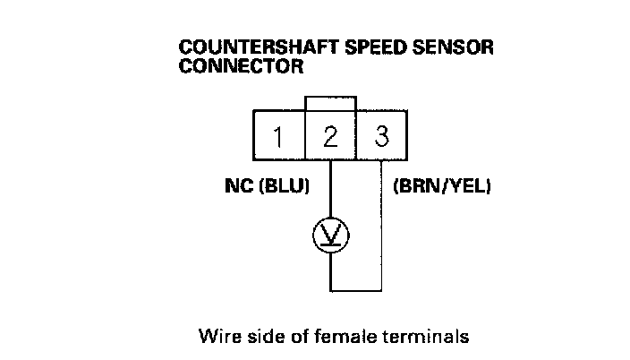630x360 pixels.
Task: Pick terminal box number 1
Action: coord(279,137)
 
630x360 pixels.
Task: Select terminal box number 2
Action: coord(330,137)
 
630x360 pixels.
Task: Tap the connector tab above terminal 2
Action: coord(330,103)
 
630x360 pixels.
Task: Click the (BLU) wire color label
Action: coord(282,188)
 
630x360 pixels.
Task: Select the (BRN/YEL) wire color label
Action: coord(442,188)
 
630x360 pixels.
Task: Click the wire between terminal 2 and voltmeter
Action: coord(330,188)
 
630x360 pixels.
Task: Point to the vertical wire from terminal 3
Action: coord(383,224)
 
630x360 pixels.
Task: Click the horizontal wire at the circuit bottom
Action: coord(356,290)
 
